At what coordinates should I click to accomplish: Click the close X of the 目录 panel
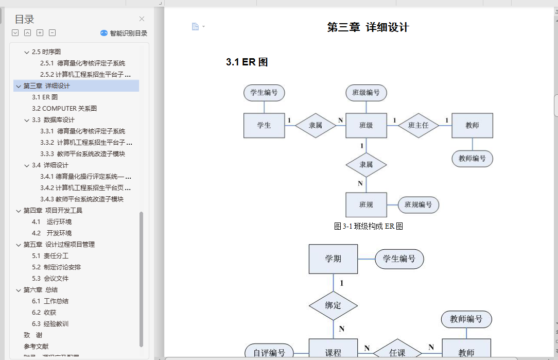click(142, 19)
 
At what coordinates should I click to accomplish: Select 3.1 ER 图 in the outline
click(45, 97)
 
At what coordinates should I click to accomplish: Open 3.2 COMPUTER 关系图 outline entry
click(64, 108)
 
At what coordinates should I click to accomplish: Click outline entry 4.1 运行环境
click(51, 221)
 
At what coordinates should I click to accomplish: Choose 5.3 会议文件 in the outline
click(50, 278)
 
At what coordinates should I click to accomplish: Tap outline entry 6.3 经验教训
click(50, 323)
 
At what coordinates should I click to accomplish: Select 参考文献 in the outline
click(36, 346)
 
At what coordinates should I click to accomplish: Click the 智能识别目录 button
click(124, 33)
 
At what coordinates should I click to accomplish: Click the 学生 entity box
click(264, 126)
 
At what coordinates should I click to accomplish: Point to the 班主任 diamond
click(418, 125)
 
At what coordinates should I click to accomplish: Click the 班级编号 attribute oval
click(366, 93)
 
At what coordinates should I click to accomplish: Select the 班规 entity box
click(366, 205)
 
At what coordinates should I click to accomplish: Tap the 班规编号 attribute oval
click(418, 205)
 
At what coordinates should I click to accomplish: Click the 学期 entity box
click(333, 259)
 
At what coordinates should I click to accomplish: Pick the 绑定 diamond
click(333, 305)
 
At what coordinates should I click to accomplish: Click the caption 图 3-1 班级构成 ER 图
click(368, 226)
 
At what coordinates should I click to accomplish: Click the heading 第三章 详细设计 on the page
click(368, 27)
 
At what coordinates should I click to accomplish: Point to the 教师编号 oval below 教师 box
click(472, 159)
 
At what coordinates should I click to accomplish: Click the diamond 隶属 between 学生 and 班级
click(316, 125)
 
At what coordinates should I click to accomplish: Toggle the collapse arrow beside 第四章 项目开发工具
click(19, 211)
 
